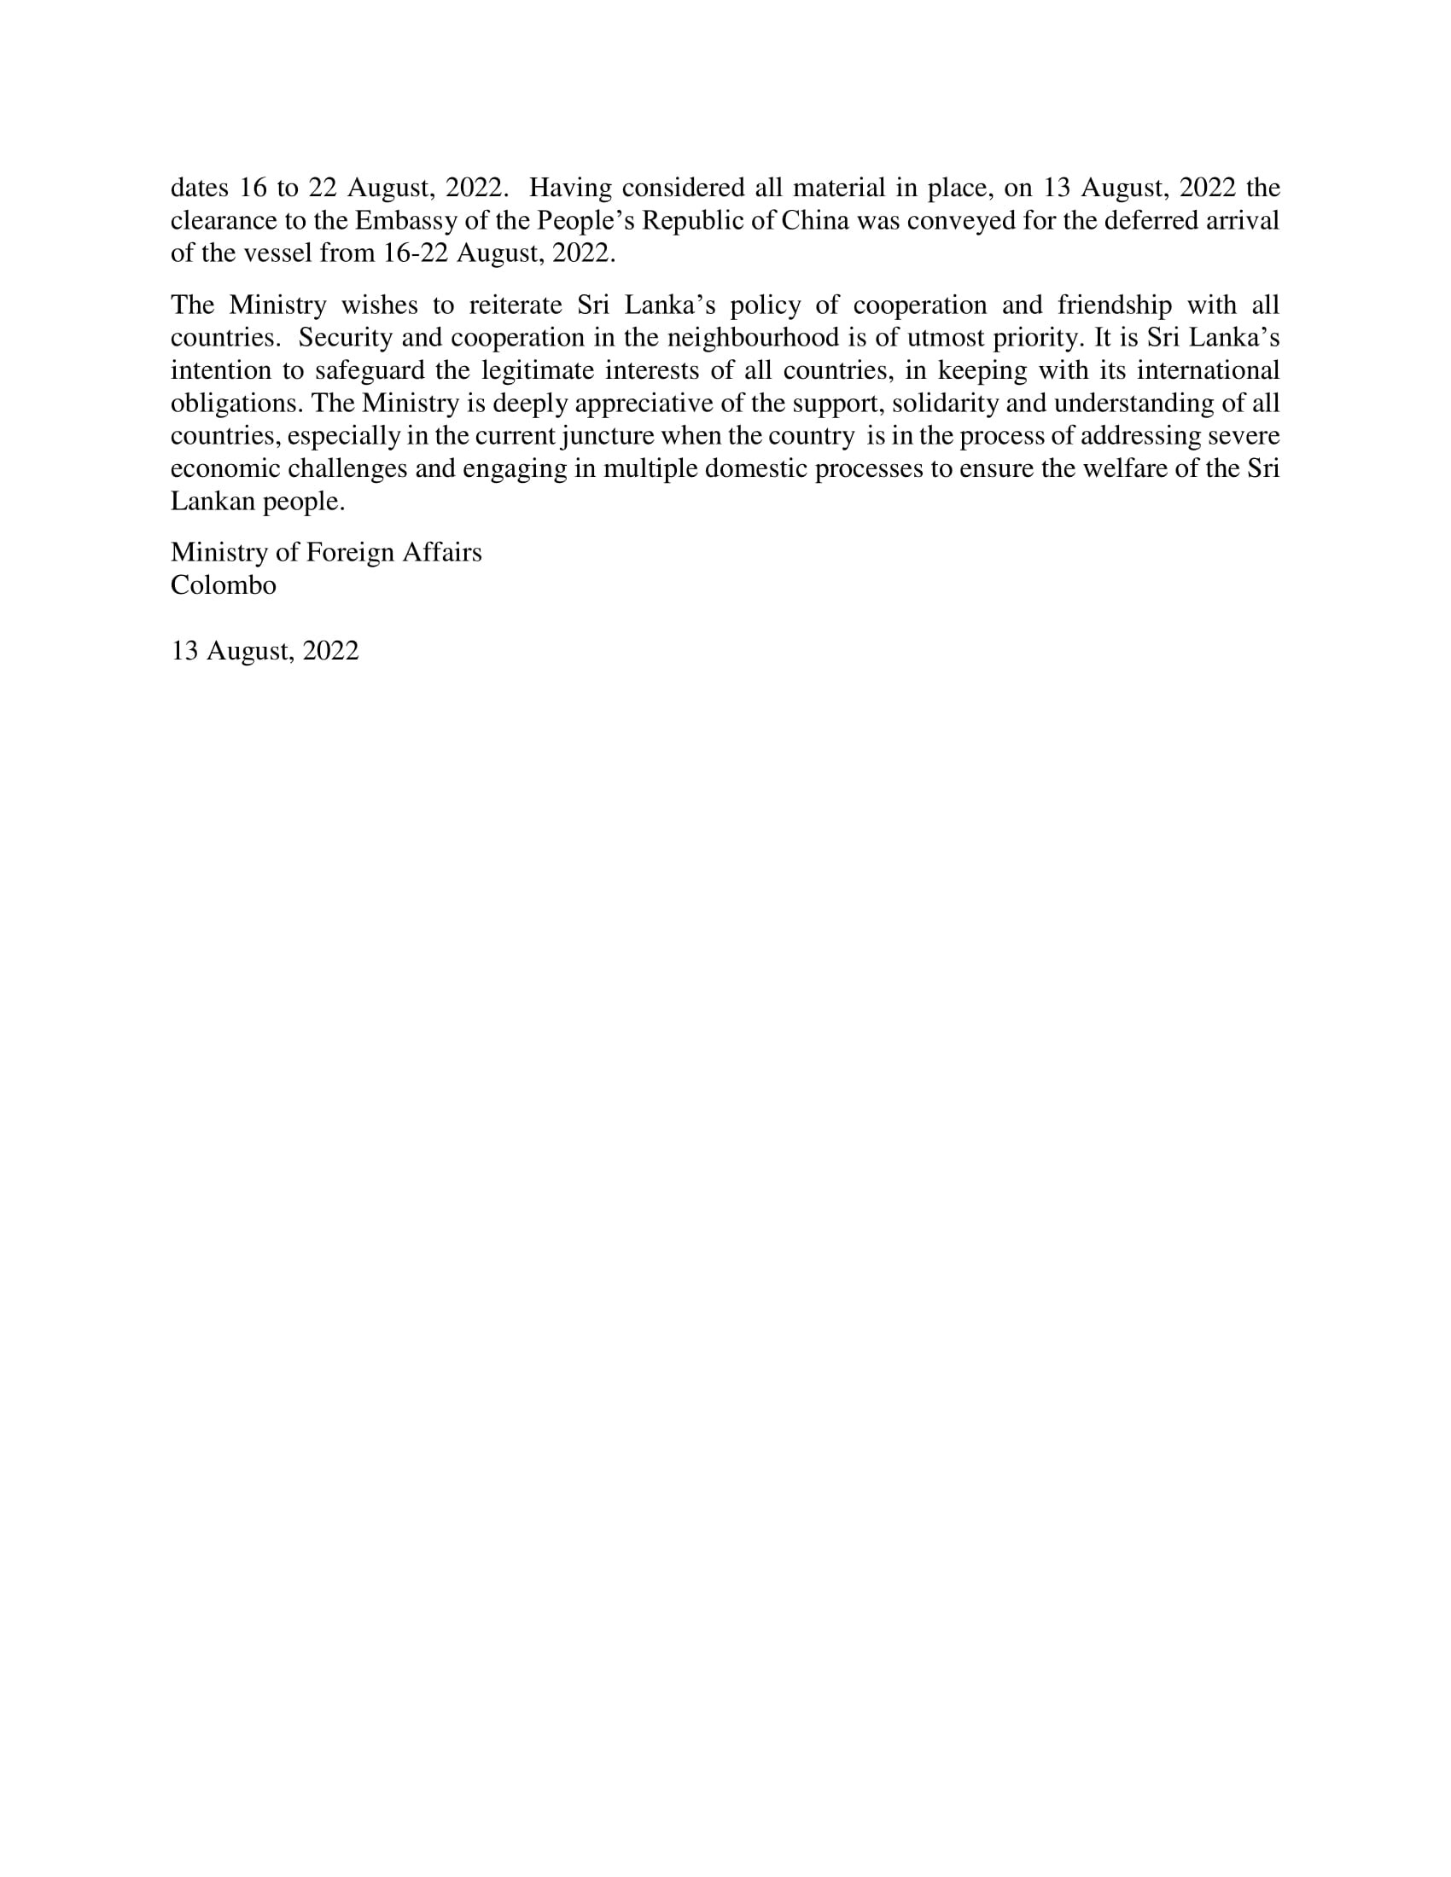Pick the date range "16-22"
tap(417, 253)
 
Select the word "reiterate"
tap(508, 305)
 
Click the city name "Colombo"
tap(224, 585)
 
